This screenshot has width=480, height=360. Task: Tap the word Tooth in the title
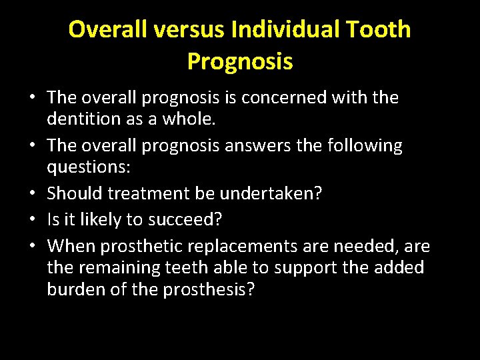pos(380,29)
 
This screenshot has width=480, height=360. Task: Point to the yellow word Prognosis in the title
pos(240,61)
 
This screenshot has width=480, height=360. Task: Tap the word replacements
pos(243,247)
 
